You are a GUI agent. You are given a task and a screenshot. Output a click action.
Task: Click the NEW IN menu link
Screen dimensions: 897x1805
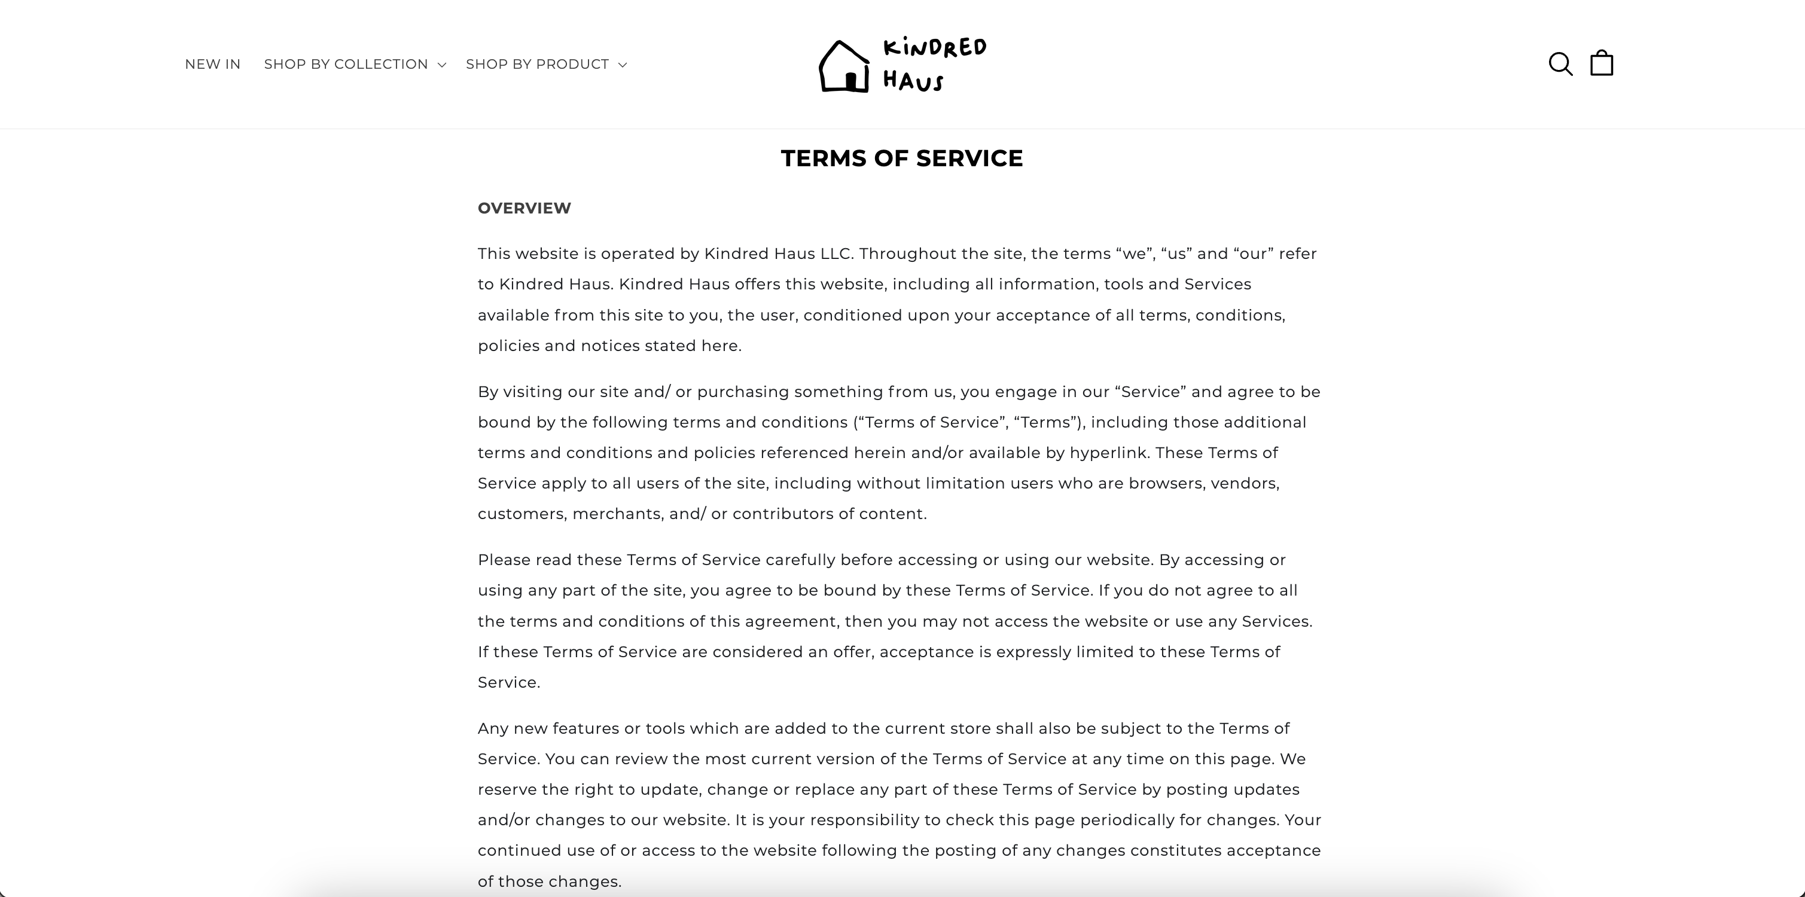tap(212, 65)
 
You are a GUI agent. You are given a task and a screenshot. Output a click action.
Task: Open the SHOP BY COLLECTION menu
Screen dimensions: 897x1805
tap(346, 65)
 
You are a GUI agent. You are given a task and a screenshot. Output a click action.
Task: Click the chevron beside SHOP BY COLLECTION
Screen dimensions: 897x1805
tap(441, 65)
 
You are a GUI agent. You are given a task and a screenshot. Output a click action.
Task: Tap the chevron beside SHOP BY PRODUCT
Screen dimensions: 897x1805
tap(622, 65)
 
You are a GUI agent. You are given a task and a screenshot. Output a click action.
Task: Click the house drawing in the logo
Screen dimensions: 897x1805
tap(844, 67)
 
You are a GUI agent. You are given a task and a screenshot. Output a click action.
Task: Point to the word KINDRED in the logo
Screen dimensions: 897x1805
tap(935, 48)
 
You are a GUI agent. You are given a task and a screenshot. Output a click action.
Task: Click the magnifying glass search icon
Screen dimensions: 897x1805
tap(1560, 64)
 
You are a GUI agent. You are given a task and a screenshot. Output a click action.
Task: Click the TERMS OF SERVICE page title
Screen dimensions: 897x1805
tap(902, 158)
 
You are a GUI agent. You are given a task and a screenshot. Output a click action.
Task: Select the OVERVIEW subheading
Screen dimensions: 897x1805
tap(524, 208)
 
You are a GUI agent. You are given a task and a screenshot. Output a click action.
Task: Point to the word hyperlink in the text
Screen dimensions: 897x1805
tap(1108, 453)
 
